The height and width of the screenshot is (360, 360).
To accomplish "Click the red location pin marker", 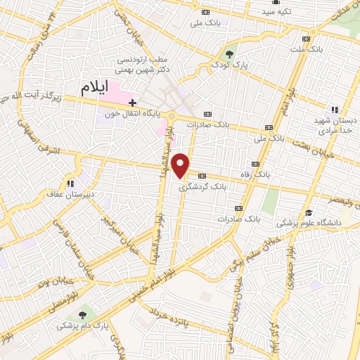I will (181, 165).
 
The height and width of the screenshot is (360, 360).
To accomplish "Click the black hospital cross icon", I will (132, 103).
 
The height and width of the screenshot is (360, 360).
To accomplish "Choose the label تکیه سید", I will (276, 12).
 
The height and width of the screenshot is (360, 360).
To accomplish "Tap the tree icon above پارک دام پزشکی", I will (84, 314).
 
